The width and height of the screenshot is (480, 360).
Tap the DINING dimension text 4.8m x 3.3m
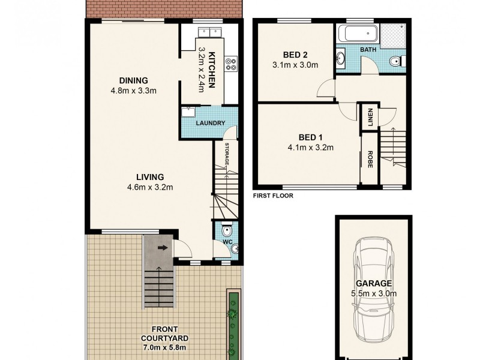tap(133, 92)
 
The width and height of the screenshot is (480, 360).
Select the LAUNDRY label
tap(211, 124)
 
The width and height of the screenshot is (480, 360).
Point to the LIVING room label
tap(149, 177)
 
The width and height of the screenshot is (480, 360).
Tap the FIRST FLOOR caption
tap(272, 195)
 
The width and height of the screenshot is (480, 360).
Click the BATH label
tap(368, 50)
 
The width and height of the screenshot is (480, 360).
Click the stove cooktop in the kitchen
tap(230, 61)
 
